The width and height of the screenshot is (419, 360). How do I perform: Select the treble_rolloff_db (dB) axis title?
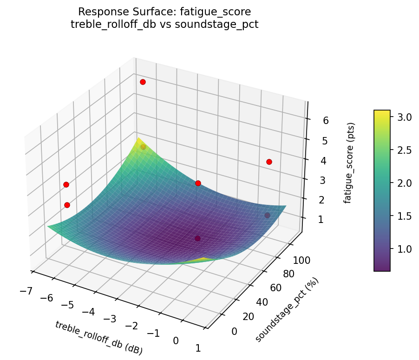pos(98,338)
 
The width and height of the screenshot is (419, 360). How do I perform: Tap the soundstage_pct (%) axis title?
pos(287,310)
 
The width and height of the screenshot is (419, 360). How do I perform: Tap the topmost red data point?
pos(143,82)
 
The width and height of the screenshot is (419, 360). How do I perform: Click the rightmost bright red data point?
pos(269,162)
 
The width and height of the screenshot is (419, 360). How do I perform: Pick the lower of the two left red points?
pos(67,205)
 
